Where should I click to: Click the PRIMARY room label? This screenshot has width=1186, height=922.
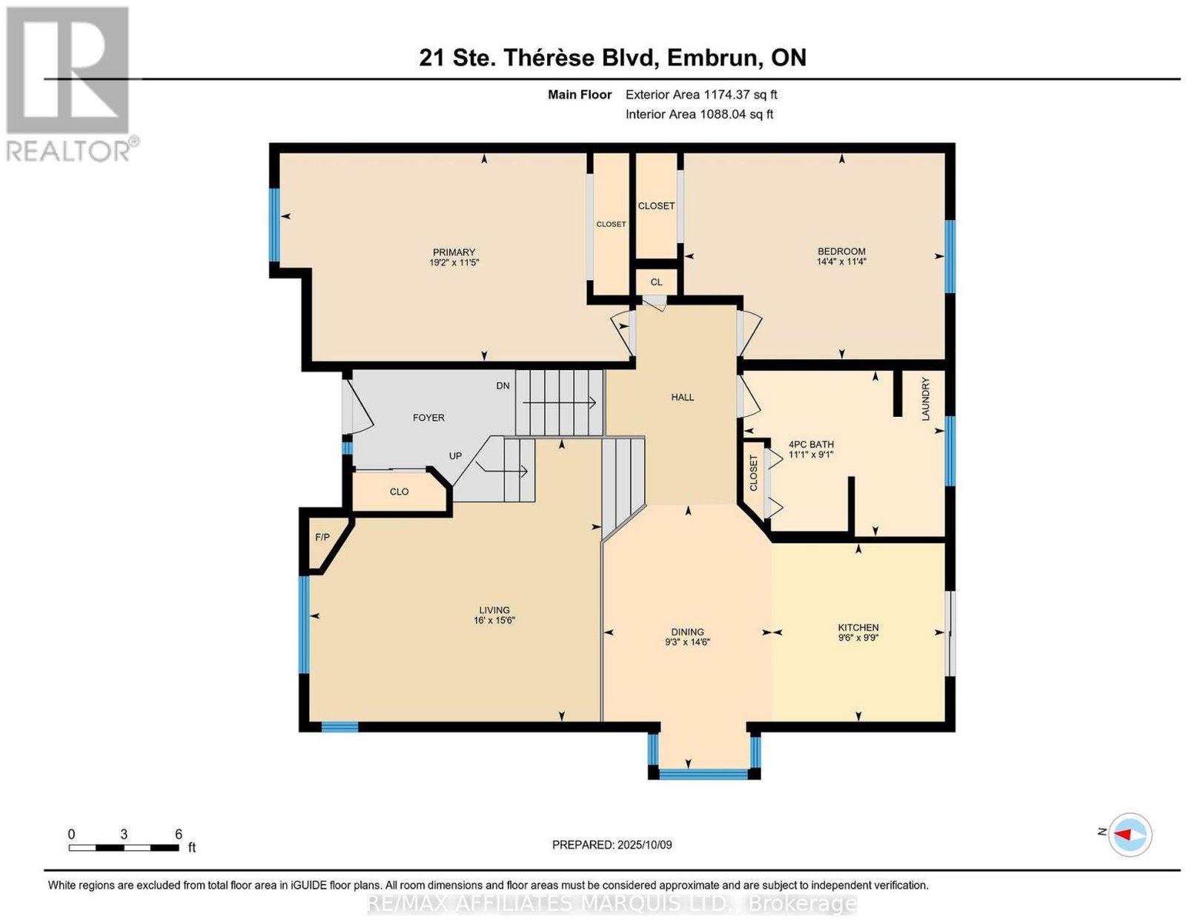[x=454, y=252]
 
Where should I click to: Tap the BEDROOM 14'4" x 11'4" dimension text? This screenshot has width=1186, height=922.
[x=841, y=262]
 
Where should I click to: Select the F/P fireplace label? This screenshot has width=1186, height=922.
[x=322, y=538]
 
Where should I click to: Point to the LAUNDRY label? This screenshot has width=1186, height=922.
[x=925, y=399]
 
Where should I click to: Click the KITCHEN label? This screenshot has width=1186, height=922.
[x=858, y=628]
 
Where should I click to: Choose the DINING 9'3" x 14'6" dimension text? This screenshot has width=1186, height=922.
[x=687, y=642]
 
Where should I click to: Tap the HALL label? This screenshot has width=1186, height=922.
[x=682, y=398]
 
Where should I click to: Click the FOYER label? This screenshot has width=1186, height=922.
[x=428, y=418]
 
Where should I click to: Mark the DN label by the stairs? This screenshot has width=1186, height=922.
[x=503, y=386]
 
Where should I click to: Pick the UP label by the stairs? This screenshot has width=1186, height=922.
[x=455, y=456]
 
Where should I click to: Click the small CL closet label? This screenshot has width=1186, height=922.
[x=656, y=282]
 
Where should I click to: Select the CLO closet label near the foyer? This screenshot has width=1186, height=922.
[x=399, y=492]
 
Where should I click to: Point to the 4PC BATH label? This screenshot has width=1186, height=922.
[x=811, y=444]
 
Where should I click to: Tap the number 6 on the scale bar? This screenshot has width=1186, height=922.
[x=179, y=834]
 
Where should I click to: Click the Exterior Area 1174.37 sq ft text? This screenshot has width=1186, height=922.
[x=701, y=95]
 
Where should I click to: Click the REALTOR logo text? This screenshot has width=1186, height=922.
[x=69, y=151]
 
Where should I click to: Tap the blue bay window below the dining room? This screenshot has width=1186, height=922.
[x=703, y=774]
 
